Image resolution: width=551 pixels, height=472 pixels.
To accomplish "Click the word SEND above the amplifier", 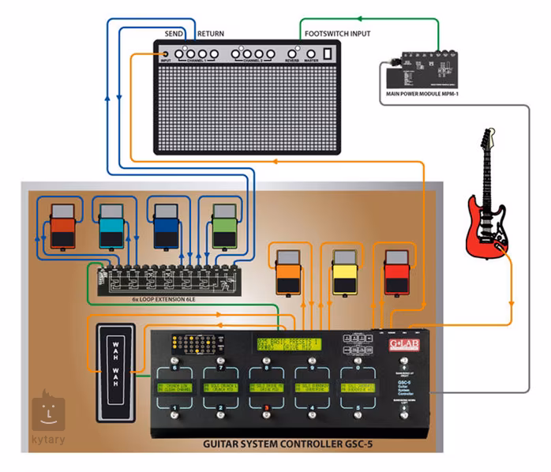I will coord(174,34).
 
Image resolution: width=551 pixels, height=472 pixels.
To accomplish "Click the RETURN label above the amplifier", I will coord(211,34).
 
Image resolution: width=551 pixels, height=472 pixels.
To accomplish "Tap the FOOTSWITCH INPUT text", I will coord(338,34).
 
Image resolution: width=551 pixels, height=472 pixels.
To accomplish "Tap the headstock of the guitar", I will coord(484,144).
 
